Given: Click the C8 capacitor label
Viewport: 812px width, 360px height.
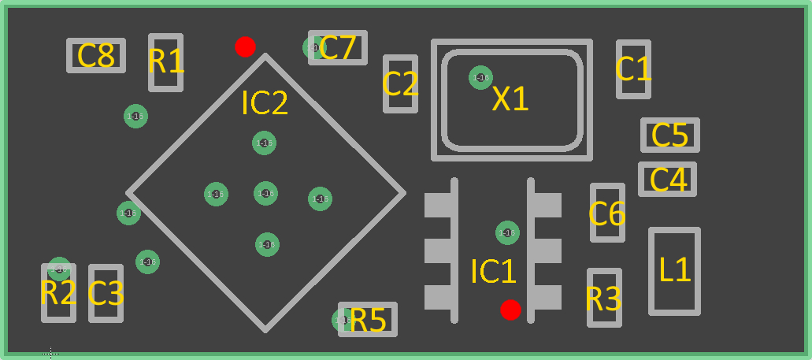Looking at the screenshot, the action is tap(96, 56).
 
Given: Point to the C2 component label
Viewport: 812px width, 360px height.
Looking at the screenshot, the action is tap(400, 84).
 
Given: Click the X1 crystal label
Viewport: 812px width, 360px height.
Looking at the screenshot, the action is tap(510, 99).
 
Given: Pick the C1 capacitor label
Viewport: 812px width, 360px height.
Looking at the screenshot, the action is tap(633, 69).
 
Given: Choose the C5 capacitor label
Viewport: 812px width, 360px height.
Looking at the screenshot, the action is tap(670, 135).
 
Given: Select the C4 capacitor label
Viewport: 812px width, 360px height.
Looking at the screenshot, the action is tap(668, 180).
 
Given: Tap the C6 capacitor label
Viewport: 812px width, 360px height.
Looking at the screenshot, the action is tap(607, 213).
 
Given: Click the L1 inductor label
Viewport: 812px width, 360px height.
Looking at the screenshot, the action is tap(675, 271).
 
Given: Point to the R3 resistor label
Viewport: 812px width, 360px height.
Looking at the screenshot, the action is tap(604, 299).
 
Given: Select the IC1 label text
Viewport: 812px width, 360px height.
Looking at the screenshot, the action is tap(493, 272).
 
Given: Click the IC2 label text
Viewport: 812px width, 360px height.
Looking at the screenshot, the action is tap(265, 103).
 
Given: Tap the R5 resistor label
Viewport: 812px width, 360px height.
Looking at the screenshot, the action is tap(369, 321).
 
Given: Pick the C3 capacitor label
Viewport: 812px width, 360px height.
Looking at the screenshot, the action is tap(106, 294).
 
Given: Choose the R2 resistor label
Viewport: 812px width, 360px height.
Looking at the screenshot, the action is tap(58, 294).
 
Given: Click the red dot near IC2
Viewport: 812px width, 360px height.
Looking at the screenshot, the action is tap(245, 46).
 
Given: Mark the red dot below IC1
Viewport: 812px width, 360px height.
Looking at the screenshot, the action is tap(510, 310).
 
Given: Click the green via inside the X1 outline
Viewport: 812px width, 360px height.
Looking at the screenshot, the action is tap(480, 77).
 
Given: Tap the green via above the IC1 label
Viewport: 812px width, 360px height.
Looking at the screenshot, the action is tap(507, 232).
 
